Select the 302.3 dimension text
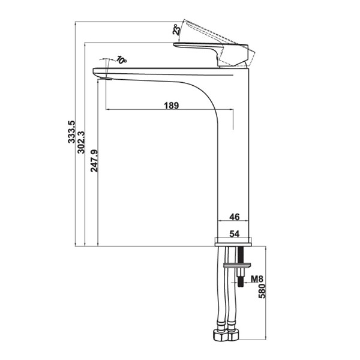pyautogui.click(x=82, y=142)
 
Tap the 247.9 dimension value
pyautogui.click(x=94, y=160)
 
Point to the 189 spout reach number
pyautogui.click(x=171, y=105)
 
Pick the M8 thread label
pyautogui.click(x=256, y=279)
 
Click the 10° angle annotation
pyautogui.click(x=122, y=61)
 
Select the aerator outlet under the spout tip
pyautogui.click(x=106, y=77)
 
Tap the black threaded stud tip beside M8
pyautogui.click(x=242, y=280)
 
